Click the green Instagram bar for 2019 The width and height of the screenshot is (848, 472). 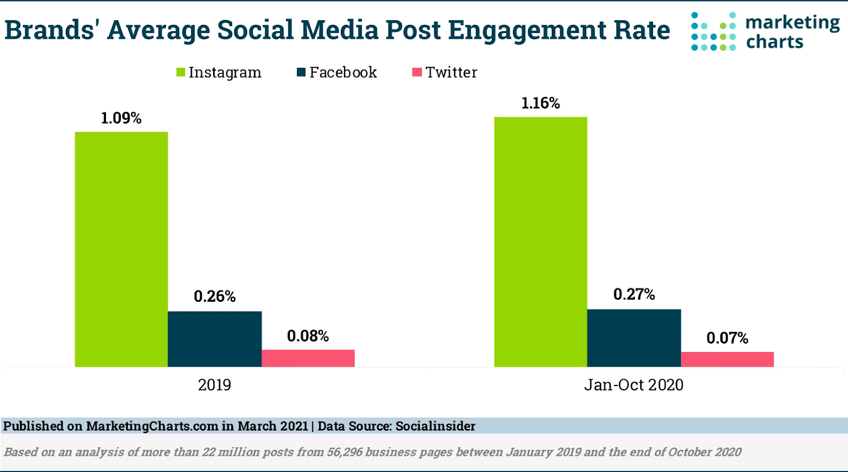[x=121, y=249]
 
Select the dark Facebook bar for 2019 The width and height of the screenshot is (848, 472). [x=215, y=339]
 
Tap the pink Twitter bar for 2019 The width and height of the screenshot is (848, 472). [x=308, y=358]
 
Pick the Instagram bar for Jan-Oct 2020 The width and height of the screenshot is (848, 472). [x=541, y=242]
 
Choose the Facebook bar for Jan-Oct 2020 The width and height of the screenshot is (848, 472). [x=634, y=338]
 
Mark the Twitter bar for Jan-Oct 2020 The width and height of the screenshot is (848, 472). [x=727, y=359]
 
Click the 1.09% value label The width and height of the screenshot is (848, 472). [x=121, y=118]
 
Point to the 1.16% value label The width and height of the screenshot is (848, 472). [x=541, y=103]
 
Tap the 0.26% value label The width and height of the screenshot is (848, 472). [x=215, y=296]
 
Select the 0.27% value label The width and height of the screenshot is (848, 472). [x=634, y=294]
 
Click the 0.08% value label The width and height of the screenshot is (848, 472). [x=308, y=336]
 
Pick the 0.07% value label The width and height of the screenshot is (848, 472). [x=727, y=338]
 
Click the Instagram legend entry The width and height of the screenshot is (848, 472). [x=219, y=72]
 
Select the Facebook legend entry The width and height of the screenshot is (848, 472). [x=337, y=72]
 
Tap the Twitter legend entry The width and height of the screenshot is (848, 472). [x=445, y=72]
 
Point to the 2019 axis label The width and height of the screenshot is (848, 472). [x=215, y=384]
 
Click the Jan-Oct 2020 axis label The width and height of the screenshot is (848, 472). [x=634, y=384]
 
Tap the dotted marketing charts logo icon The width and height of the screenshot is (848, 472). [x=713, y=31]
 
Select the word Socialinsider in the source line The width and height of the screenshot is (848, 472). [x=435, y=426]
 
